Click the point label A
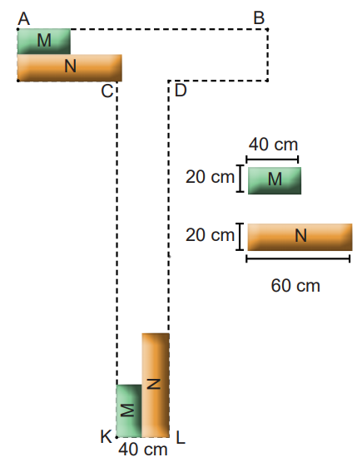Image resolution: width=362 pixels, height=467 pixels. point(24,19)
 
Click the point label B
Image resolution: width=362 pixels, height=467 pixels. point(259,18)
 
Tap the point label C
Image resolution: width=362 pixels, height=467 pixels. point(107,91)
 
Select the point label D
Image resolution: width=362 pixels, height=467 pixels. point(181,91)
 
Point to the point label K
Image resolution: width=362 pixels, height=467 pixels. point(106,437)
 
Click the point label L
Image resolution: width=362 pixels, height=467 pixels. point(181,438)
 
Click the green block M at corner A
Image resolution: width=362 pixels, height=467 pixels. point(44,42)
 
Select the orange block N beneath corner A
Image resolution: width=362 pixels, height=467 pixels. point(70,68)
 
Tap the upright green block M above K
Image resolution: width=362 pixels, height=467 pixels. point(129,411)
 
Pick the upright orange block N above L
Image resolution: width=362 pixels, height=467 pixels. point(156,386)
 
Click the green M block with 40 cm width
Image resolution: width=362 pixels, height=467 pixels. point(275,181)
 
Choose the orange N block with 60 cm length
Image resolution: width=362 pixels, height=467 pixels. point(300,237)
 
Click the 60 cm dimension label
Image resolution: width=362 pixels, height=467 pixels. point(295,286)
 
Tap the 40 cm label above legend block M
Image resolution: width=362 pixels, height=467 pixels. point(274,145)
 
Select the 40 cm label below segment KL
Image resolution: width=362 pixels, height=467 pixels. point(143,450)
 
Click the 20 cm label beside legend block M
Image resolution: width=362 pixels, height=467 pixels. point(210,177)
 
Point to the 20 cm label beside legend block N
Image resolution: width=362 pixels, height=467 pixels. point(210,235)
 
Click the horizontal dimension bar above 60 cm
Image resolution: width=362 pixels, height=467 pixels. point(298,258)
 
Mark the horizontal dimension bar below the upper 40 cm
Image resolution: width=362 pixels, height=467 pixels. point(272,160)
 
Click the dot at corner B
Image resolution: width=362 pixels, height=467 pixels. point(267,29)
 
